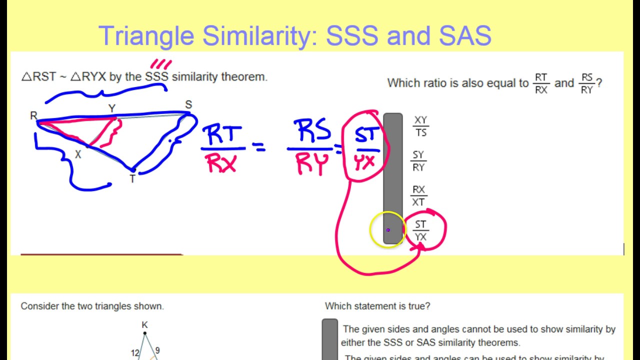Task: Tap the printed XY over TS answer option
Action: (x=420, y=126)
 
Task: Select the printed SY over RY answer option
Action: (x=418, y=161)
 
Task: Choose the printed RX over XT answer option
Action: (x=418, y=196)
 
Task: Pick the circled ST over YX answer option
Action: (x=420, y=230)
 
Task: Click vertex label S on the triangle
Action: (x=188, y=105)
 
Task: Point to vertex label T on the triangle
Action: (x=132, y=179)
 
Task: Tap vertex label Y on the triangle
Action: (x=112, y=108)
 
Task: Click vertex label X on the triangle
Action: (x=78, y=155)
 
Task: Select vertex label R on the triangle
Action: (x=33, y=116)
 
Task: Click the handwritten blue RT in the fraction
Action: (x=222, y=134)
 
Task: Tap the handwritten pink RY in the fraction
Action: (x=311, y=163)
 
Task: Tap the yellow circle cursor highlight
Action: (x=387, y=229)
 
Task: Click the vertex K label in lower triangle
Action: (x=144, y=325)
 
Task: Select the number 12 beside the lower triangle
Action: (x=135, y=353)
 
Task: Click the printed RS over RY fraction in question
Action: (x=586, y=83)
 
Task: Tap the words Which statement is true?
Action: (x=377, y=306)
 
